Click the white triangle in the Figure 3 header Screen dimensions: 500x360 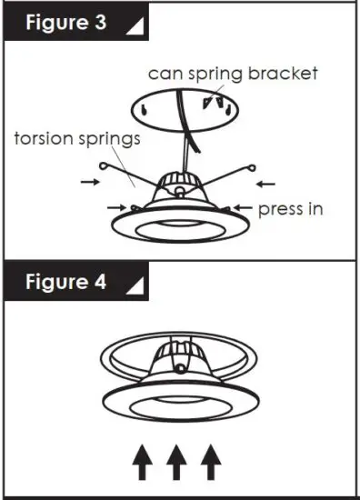[x=135, y=27]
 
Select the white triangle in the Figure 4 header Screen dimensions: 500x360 [x=135, y=286]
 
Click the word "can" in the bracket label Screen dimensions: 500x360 [x=165, y=73]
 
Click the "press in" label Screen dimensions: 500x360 [x=289, y=209]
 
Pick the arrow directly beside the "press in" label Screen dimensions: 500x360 [x=241, y=209]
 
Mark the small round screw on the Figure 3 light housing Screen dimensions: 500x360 [x=180, y=192]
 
